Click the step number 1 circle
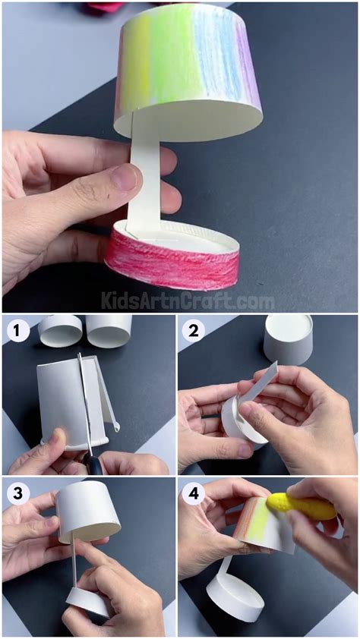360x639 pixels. click(x=16, y=331)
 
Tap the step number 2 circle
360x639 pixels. click(x=194, y=331)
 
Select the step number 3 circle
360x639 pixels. click(x=16, y=493)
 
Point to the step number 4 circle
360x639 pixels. click(x=194, y=493)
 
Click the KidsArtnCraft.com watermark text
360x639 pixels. click(x=188, y=301)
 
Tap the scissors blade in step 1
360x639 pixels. click(x=85, y=410)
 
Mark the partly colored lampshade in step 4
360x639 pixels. click(x=262, y=524)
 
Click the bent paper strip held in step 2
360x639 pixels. click(x=258, y=387)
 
